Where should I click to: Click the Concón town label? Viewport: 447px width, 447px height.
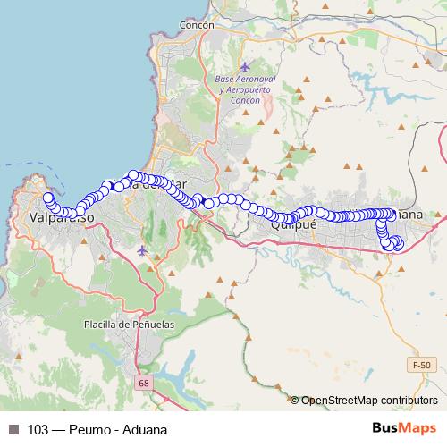(x=197, y=26)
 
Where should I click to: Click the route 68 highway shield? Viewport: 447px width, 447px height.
(x=144, y=383)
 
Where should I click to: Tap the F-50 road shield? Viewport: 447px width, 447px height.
(x=422, y=366)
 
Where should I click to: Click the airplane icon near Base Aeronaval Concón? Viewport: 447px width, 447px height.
(x=246, y=68)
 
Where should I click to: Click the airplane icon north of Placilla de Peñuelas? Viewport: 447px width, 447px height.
(x=143, y=249)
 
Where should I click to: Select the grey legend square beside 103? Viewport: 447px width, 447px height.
(x=13, y=429)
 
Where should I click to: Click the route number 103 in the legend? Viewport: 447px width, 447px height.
(x=38, y=429)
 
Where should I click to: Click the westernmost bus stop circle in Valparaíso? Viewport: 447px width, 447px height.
(x=47, y=198)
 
